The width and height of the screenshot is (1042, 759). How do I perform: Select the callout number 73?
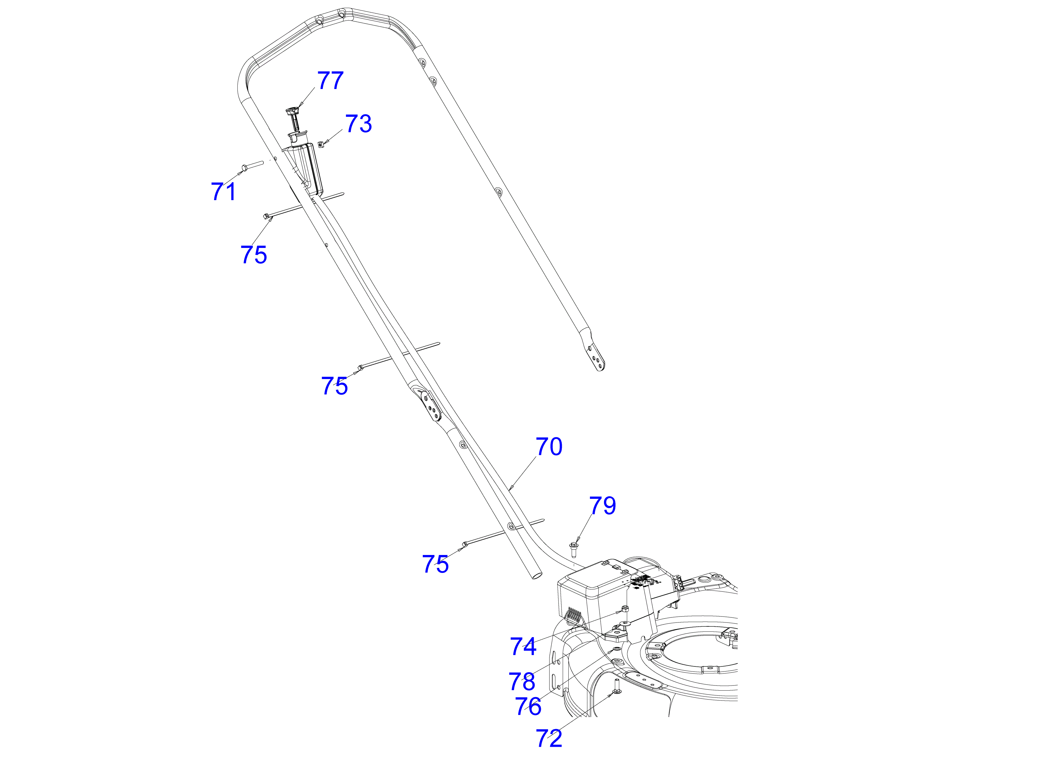tap(359, 124)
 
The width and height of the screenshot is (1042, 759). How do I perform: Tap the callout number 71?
tap(223, 191)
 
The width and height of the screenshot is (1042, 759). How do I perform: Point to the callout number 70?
tap(549, 447)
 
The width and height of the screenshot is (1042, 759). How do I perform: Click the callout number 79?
tap(603, 505)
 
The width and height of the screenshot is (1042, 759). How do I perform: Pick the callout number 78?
tap(522, 681)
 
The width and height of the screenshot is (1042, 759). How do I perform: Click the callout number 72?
tap(549, 738)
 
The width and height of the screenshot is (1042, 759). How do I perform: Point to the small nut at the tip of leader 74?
tap(625, 609)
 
